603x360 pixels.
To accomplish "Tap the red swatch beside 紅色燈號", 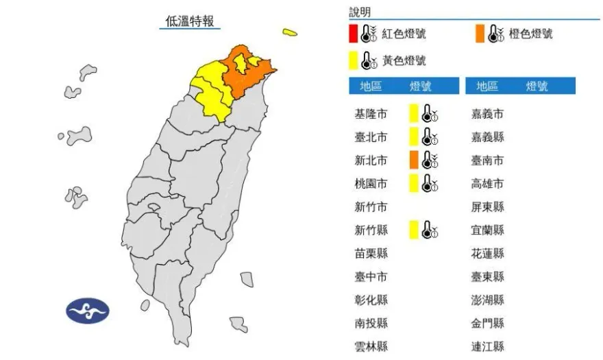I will pyautogui.click(x=352, y=34).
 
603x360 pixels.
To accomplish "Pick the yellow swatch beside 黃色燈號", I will pyautogui.click(x=352, y=60).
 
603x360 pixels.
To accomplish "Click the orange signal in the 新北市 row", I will pyautogui.click(x=413, y=160).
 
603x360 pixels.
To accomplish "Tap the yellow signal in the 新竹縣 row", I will pyautogui.click(x=413, y=230).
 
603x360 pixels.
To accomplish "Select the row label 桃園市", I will pyautogui.click(x=369, y=184).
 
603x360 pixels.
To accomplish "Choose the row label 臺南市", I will pyautogui.click(x=488, y=160).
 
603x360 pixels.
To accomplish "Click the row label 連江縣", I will pyautogui.click(x=488, y=346).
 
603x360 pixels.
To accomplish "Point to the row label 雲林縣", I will pyautogui.click(x=369, y=346).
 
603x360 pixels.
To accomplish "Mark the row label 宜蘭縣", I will pyautogui.click(x=488, y=230).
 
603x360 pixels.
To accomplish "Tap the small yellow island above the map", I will pyautogui.click(x=290, y=32).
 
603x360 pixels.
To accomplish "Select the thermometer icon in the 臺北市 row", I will pyautogui.click(x=430, y=137).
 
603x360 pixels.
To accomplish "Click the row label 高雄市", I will pyautogui.click(x=488, y=184).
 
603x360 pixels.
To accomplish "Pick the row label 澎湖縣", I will pyautogui.click(x=488, y=300).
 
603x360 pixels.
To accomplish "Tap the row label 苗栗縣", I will pyautogui.click(x=369, y=253).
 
